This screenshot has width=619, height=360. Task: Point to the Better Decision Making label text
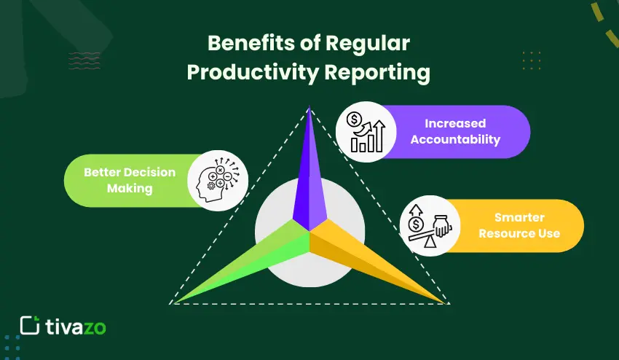click(130, 180)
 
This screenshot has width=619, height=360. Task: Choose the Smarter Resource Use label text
click(519, 225)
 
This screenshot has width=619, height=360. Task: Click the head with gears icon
click(218, 180)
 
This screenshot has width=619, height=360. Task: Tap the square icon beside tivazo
click(28, 326)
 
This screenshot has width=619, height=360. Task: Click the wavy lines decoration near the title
click(84, 60)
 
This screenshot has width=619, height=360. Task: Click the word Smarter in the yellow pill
click(519, 217)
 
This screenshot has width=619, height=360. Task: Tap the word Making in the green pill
click(130, 188)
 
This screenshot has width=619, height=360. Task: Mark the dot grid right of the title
click(532, 60)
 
